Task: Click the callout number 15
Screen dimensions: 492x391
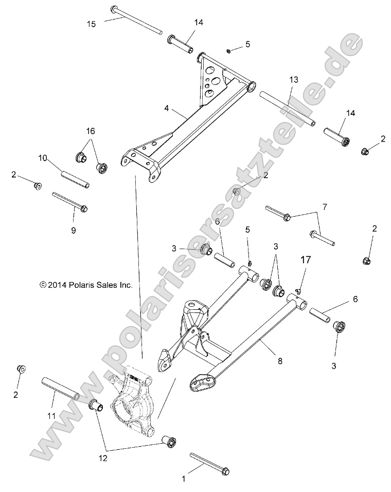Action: tap(91, 24)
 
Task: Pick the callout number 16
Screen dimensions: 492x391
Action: tap(91, 132)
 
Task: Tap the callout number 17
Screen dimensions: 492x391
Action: tap(306, 261)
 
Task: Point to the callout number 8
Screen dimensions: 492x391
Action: tap(280, 361)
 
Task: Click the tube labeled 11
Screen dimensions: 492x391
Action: tap(60, 390)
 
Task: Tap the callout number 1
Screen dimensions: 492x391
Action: tap(183, 479)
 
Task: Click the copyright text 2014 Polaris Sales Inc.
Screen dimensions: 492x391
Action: tap(86, 284)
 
